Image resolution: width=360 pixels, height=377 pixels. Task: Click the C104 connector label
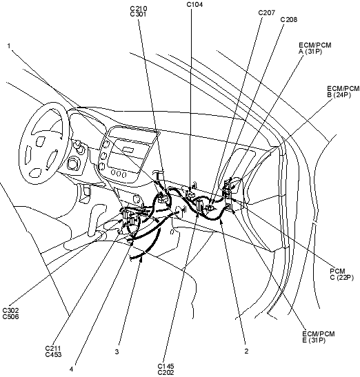[194, 5]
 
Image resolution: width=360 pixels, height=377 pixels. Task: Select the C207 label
[266, 12]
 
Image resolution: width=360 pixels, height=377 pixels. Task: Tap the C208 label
[289, 20]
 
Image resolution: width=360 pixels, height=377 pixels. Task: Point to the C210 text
[139, 9]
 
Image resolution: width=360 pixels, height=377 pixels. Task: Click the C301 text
[138, 14]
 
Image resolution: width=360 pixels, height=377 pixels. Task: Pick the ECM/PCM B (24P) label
[343, 92]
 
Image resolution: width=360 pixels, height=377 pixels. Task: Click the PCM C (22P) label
[341, 274]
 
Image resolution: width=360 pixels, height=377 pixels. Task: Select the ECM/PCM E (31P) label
[318, 337]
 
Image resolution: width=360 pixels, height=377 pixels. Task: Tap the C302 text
[10, 311]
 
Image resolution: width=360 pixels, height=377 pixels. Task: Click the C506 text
[10, 316]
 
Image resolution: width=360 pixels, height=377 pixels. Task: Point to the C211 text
[52, 348]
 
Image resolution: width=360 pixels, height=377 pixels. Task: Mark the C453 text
[53, 354]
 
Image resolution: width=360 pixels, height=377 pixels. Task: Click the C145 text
[166, 367]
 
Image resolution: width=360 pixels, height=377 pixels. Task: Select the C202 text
[166, 373]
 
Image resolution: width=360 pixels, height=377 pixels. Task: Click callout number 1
[9, 45]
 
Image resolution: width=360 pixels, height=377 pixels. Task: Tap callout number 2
[246, 351]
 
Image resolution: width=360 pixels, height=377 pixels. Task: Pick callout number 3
[117, 352]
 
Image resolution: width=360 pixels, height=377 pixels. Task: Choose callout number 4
[72, 369]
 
